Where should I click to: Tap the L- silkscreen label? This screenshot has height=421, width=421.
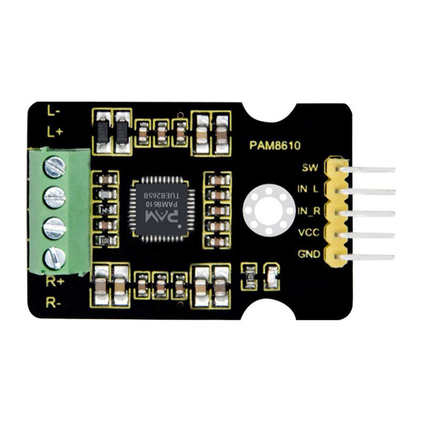(x=53, y=111)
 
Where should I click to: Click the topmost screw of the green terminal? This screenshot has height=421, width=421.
(x=55, y=167)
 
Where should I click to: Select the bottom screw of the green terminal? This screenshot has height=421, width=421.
(x=55, y=257)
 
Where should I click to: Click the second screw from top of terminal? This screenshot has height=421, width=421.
(x=55, y=197)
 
